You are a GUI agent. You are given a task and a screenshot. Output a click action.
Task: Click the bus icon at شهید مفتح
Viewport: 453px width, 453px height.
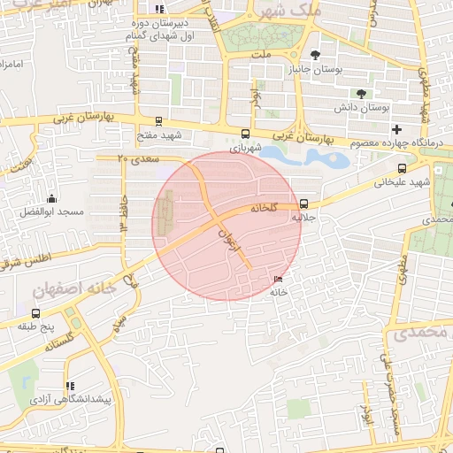158,121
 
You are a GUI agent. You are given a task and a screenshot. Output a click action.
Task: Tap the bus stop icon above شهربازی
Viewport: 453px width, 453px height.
245,134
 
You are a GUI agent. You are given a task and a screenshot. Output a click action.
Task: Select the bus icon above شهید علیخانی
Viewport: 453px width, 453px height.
403,168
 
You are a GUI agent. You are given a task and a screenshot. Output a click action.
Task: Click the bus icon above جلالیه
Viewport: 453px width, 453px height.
304,203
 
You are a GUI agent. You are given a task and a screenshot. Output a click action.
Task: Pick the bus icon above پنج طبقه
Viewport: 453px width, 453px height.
35,313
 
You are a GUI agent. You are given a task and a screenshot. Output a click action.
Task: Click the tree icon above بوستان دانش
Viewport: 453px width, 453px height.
361,94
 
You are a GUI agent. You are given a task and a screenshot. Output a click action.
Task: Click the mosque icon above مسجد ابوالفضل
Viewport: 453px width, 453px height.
51,198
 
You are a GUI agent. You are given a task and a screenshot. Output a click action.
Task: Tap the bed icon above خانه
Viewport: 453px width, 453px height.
280,279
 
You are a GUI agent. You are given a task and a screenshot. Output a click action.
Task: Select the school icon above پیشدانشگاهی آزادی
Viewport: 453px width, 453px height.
70,386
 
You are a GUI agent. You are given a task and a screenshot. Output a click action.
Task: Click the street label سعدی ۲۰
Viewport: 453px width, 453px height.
138,158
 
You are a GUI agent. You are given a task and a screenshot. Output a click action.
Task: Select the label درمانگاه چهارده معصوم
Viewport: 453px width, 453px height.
393,143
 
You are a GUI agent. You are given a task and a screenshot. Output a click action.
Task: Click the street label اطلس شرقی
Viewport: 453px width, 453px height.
27,259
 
